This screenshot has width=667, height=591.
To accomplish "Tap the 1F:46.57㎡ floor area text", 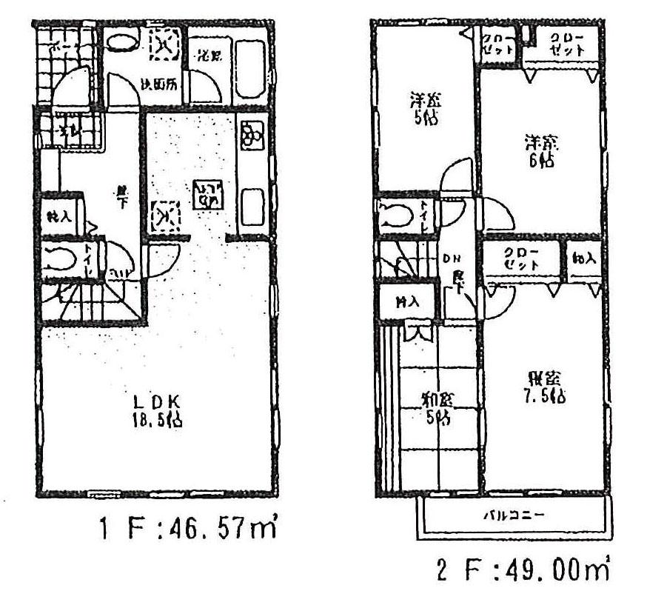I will (188, 530).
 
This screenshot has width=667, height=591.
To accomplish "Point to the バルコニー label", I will (517, 516).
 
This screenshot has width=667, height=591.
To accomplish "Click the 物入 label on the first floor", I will (55, 216).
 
